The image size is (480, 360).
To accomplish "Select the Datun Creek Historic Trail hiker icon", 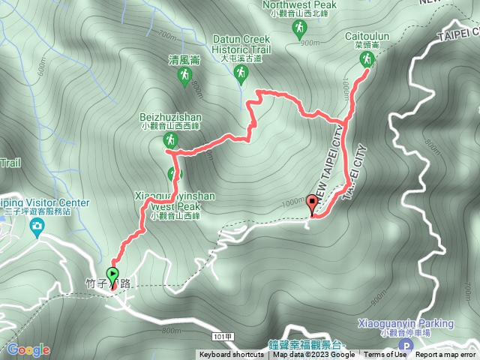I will tap(241, 73).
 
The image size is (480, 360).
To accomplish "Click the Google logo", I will tap(28, 349).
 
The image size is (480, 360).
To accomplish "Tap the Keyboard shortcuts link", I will tap(231, 355).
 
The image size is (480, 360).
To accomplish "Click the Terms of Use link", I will tap(385, 355).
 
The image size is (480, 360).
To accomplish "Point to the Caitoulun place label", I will tap(366, 35).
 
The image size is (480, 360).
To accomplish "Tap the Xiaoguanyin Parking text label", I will tap(406, 323).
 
